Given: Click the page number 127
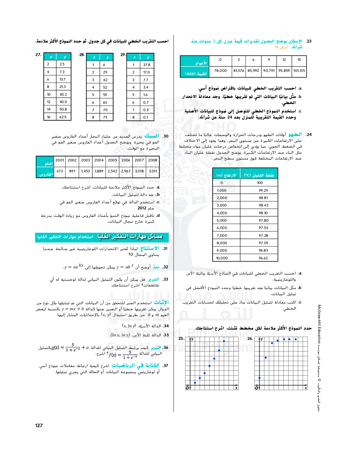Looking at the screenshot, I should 39,425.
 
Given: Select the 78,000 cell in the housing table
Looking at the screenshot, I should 220,71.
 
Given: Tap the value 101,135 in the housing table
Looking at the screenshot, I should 299,71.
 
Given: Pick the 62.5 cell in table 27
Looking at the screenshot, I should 63,117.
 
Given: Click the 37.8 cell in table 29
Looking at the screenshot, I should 147,65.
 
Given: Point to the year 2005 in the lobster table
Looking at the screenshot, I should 112,160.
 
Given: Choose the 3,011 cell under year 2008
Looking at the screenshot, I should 153,171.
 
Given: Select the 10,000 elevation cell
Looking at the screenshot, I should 222,258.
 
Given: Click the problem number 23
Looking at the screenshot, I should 309,41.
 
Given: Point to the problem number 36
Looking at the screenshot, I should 166,348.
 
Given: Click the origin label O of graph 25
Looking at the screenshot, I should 187,388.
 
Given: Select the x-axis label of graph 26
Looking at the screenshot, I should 306,388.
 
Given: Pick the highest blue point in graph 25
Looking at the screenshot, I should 224,341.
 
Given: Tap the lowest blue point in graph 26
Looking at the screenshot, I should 259,378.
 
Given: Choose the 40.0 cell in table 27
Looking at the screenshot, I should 63,102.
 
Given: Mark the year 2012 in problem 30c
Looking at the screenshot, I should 142,208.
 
